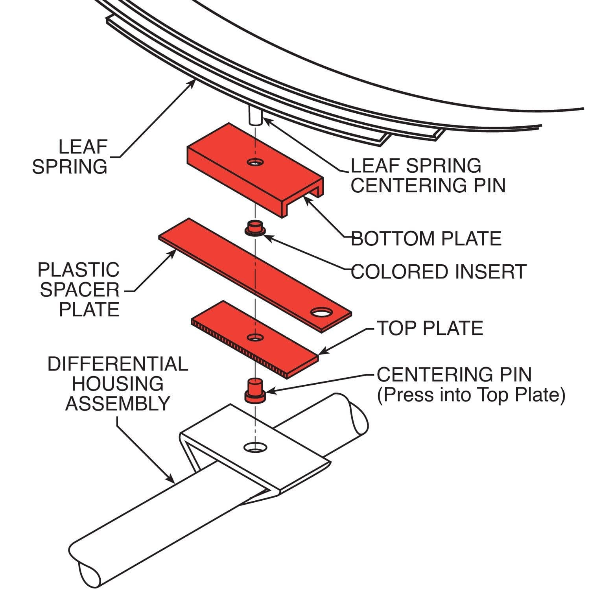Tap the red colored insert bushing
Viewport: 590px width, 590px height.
(x=254, y=228)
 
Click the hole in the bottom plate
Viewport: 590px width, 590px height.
(x=255, y=162)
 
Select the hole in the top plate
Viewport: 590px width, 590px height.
(x=255, y=337)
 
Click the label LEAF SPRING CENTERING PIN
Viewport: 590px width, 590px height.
(x=428, y=175)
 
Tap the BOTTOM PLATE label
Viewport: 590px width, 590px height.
(x=426, y=239)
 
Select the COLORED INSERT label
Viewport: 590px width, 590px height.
(x=438, y=272)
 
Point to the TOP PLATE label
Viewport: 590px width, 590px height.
(x=430, y=328)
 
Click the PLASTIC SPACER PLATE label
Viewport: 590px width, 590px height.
(x=79, y=290)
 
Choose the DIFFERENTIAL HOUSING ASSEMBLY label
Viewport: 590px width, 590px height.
(x=118, y=384)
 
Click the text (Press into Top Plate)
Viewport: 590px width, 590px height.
(x=471, y=395)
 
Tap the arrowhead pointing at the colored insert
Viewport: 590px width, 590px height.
(x=265, y=236)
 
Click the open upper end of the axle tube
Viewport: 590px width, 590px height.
(x=358, y=421)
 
